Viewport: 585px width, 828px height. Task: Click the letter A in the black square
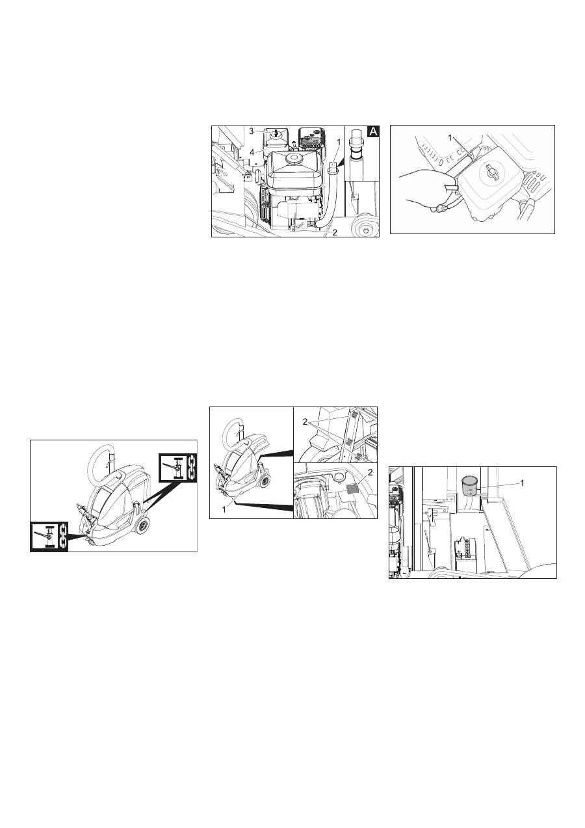pyautogui.click(x=373, y=132)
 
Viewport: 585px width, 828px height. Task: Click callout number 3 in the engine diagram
pyautogui.click(x=252, y=131)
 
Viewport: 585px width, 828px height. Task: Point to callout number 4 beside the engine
pyautogui.click(x=252, y=152)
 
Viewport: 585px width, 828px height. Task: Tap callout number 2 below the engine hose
pyautogui.click(x=335, y=232)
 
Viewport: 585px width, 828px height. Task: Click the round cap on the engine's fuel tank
pyautogui.click(x=294, y=158)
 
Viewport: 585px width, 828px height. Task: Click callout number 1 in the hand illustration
pyautogui.click(x=450, y=137)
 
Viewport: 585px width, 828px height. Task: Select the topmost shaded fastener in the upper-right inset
pyautogui.click(x=353, y=416)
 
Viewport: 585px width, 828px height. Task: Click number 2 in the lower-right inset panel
pyautogui.click(x=370, y=472)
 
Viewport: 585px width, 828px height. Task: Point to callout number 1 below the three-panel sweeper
pyautogui.click(x=224, y=509)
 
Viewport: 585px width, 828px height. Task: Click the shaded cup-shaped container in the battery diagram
pyautogui.click(x=470, y=485)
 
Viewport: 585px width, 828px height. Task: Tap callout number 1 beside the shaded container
pyautogui.click(x=522, y=483)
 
